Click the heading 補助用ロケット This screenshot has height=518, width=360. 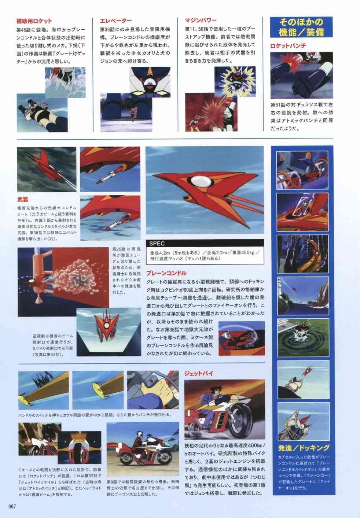click(x=34, y=21)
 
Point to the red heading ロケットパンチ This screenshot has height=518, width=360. click(x=288, y=46)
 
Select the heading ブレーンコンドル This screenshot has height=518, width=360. click(x=166, y=273)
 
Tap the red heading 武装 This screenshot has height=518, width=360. click(x=22, y=200)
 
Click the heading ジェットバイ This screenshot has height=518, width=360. click(x=199, y=374)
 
